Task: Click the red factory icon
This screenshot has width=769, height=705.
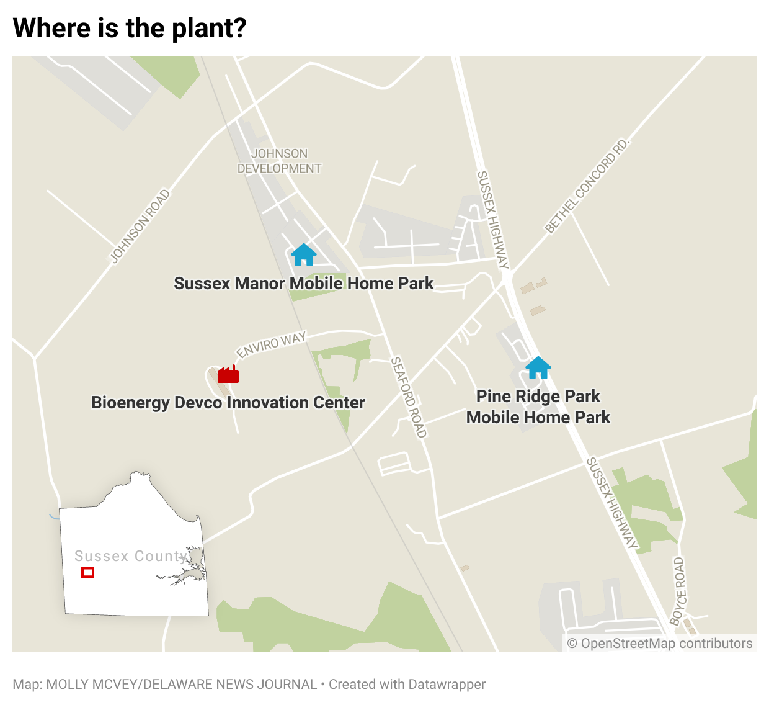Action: [x=228, y=374]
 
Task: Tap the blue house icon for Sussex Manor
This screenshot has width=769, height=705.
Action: [x=304, y=254]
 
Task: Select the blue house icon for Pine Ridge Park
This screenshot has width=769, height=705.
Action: [x=538, y=367]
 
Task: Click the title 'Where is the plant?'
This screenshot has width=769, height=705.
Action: [x=130, y=28]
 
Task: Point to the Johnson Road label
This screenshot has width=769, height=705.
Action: [x=140, y=227]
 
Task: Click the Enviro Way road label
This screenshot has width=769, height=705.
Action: [x=271, y=345]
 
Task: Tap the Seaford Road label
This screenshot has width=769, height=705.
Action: [x=408, y=397]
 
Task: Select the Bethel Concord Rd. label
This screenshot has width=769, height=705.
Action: [x=587, y=186]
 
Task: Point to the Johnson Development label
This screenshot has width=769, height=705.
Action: [x=279, y=161]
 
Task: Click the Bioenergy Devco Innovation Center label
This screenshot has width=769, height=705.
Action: [x=228, y=402]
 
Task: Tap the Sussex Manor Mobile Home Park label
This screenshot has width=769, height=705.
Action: [x=304, y=283]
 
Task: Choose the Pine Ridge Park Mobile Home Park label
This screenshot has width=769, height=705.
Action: [x=538, y=406]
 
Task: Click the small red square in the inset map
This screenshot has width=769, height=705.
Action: [x=87, y=572]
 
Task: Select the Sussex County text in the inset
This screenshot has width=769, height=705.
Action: [x=131, y=556]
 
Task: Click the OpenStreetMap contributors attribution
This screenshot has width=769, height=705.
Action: [x=660, y=644]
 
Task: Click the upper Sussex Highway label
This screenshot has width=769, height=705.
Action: [x=492, y=220]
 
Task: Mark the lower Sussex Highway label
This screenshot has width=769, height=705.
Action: [x=612, y=503]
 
